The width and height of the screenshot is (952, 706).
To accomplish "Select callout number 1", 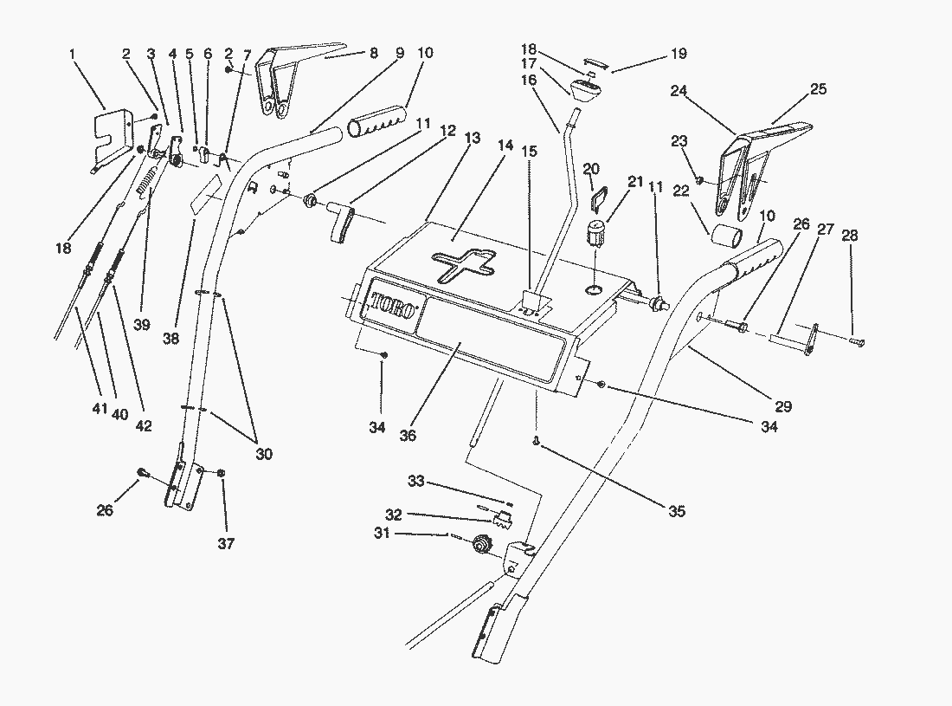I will coord(73,54).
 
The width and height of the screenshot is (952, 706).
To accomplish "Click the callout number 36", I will coord(408,436).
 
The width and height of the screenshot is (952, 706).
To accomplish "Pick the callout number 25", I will coord(818,88).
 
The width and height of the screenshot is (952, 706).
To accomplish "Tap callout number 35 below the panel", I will coord(676,511).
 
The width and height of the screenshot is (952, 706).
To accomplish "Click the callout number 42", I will coord(144,425).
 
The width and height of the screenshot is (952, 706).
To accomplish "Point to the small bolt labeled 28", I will coord(857,344).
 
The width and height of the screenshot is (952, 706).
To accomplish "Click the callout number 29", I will coord(784,405).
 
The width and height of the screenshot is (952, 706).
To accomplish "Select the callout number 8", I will coord(374,53).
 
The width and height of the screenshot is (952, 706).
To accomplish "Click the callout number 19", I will coord(678,54).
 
